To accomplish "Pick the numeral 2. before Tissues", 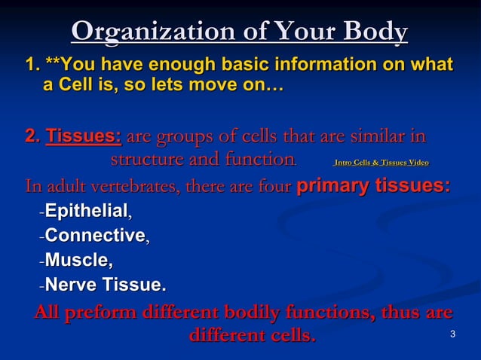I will [33, 138].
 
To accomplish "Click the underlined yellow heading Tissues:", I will [84, 138].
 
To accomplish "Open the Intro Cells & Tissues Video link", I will [381, 162].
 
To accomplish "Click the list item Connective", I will [95, 236].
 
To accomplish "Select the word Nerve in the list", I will [68, 285].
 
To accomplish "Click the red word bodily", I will [270, 313].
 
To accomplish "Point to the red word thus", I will [403, 313].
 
